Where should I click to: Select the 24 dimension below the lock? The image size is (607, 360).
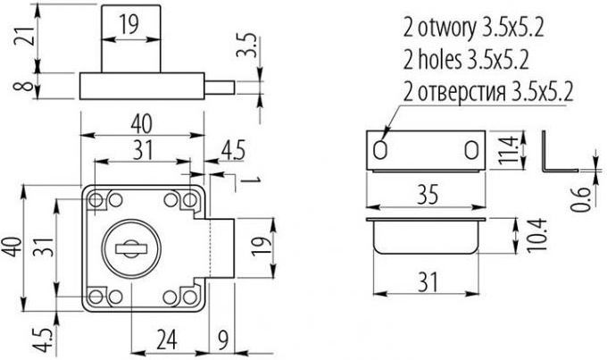point(167,339)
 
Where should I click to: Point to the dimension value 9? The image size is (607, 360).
point(223,339)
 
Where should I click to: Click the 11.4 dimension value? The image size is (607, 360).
point(508,149)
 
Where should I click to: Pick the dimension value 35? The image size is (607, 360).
point(428,195)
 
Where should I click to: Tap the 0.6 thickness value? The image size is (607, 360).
point(581,199)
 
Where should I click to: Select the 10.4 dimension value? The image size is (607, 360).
point(537,235)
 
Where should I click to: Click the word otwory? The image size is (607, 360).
point(446,29)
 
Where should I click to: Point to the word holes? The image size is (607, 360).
point(440,60)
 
